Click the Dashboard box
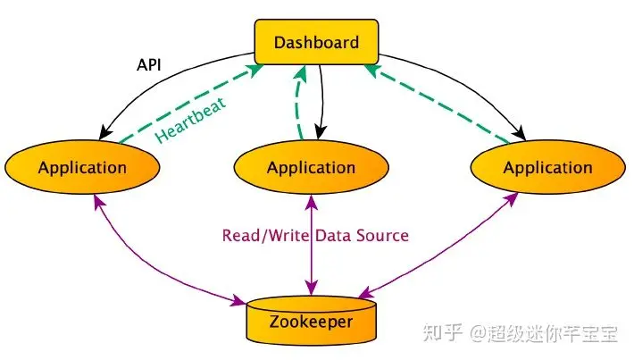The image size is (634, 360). click(x=316, y=42)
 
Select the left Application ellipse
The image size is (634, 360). click(x=82, y=167)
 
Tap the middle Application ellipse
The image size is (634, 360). click(x=312, y=167)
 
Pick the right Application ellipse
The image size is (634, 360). click(x=548, y=167)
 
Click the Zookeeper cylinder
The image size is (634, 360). click(x=312, y=321)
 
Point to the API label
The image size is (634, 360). click(x=149, y=64)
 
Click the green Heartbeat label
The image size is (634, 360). click(x=190, y=120)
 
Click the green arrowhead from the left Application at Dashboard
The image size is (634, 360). click(x=255, y=71)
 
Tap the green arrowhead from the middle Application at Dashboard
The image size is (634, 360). click(x=301, y=71)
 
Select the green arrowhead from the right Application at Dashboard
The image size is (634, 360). click(x=372, y=71)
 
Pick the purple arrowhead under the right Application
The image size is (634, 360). click(x=512, y=199)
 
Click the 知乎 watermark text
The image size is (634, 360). click(x=442, y=333)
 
